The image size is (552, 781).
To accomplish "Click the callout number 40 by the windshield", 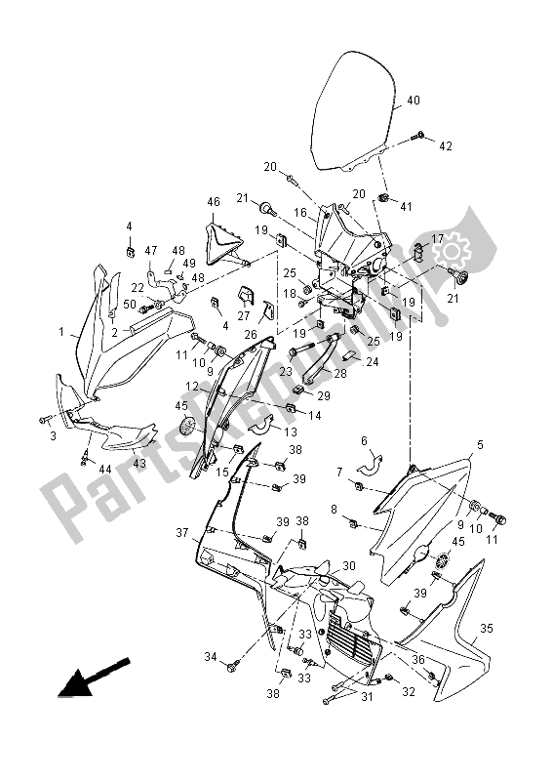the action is pos(414,101).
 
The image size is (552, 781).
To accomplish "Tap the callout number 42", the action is pos(446,145).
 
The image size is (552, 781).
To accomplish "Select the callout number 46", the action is pos(214,202).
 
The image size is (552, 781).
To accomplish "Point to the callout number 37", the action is pos(182,533).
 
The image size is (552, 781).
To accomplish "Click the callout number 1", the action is pos(61,331).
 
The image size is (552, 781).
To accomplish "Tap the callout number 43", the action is pos(139,463).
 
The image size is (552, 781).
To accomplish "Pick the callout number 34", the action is pos(211,657).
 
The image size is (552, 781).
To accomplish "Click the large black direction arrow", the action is pos(94,677).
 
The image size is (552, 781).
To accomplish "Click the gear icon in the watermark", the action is pos(451,253).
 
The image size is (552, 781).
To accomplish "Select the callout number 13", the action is pos(291,432).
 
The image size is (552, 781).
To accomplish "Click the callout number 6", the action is pos(364,441).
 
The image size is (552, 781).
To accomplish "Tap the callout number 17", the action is pos(438,239).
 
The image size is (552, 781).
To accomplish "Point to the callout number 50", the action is pos(130,304).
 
